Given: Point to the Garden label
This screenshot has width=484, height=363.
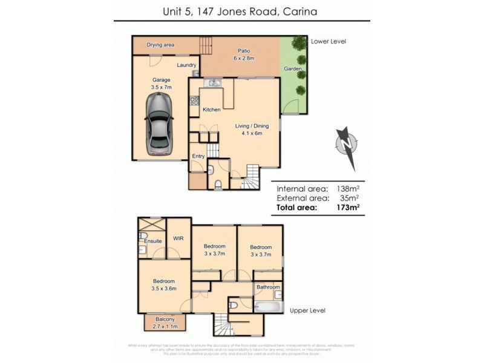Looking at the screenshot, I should [292, 69].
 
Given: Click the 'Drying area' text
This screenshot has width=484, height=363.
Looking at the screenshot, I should [161, 45].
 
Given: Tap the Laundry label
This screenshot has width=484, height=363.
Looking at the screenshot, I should [186, 65].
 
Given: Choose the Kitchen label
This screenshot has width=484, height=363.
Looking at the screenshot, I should [211, 110].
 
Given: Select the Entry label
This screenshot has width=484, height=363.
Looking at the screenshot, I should [198, 156].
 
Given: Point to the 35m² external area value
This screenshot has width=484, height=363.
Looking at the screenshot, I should [350, 197].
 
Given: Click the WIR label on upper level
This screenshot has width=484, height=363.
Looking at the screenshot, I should [178, 239].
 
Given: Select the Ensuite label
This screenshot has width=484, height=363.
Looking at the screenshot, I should [152, 241].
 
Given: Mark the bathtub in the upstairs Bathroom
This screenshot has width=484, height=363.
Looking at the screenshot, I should [268, 306].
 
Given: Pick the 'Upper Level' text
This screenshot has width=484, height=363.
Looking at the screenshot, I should [307, 310].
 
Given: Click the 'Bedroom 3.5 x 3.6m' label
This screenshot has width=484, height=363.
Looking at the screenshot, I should [163, 285].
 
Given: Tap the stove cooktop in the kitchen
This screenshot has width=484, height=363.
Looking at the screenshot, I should [195, 101].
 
